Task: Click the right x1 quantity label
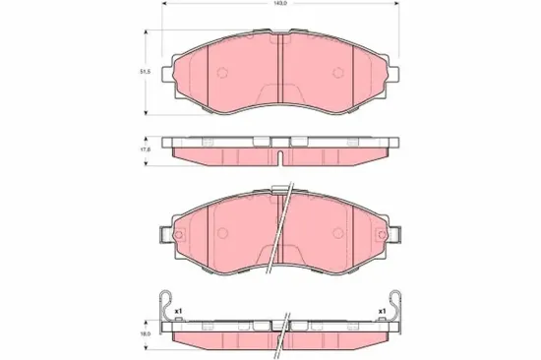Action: click(x=381, y=312)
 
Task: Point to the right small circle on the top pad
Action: click(x=338, y=73)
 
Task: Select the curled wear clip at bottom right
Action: click(x=395, y=304)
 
